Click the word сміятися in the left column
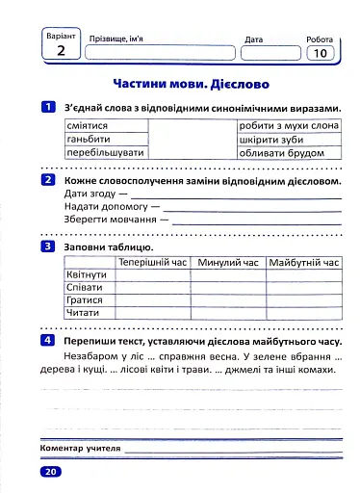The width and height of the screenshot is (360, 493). pyautogui.click(x=87, y=126)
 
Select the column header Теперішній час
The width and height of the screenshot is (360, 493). pyautogui.click(x=153, y=262)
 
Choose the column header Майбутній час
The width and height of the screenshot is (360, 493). pyautogui.click(x=304, y=262)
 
